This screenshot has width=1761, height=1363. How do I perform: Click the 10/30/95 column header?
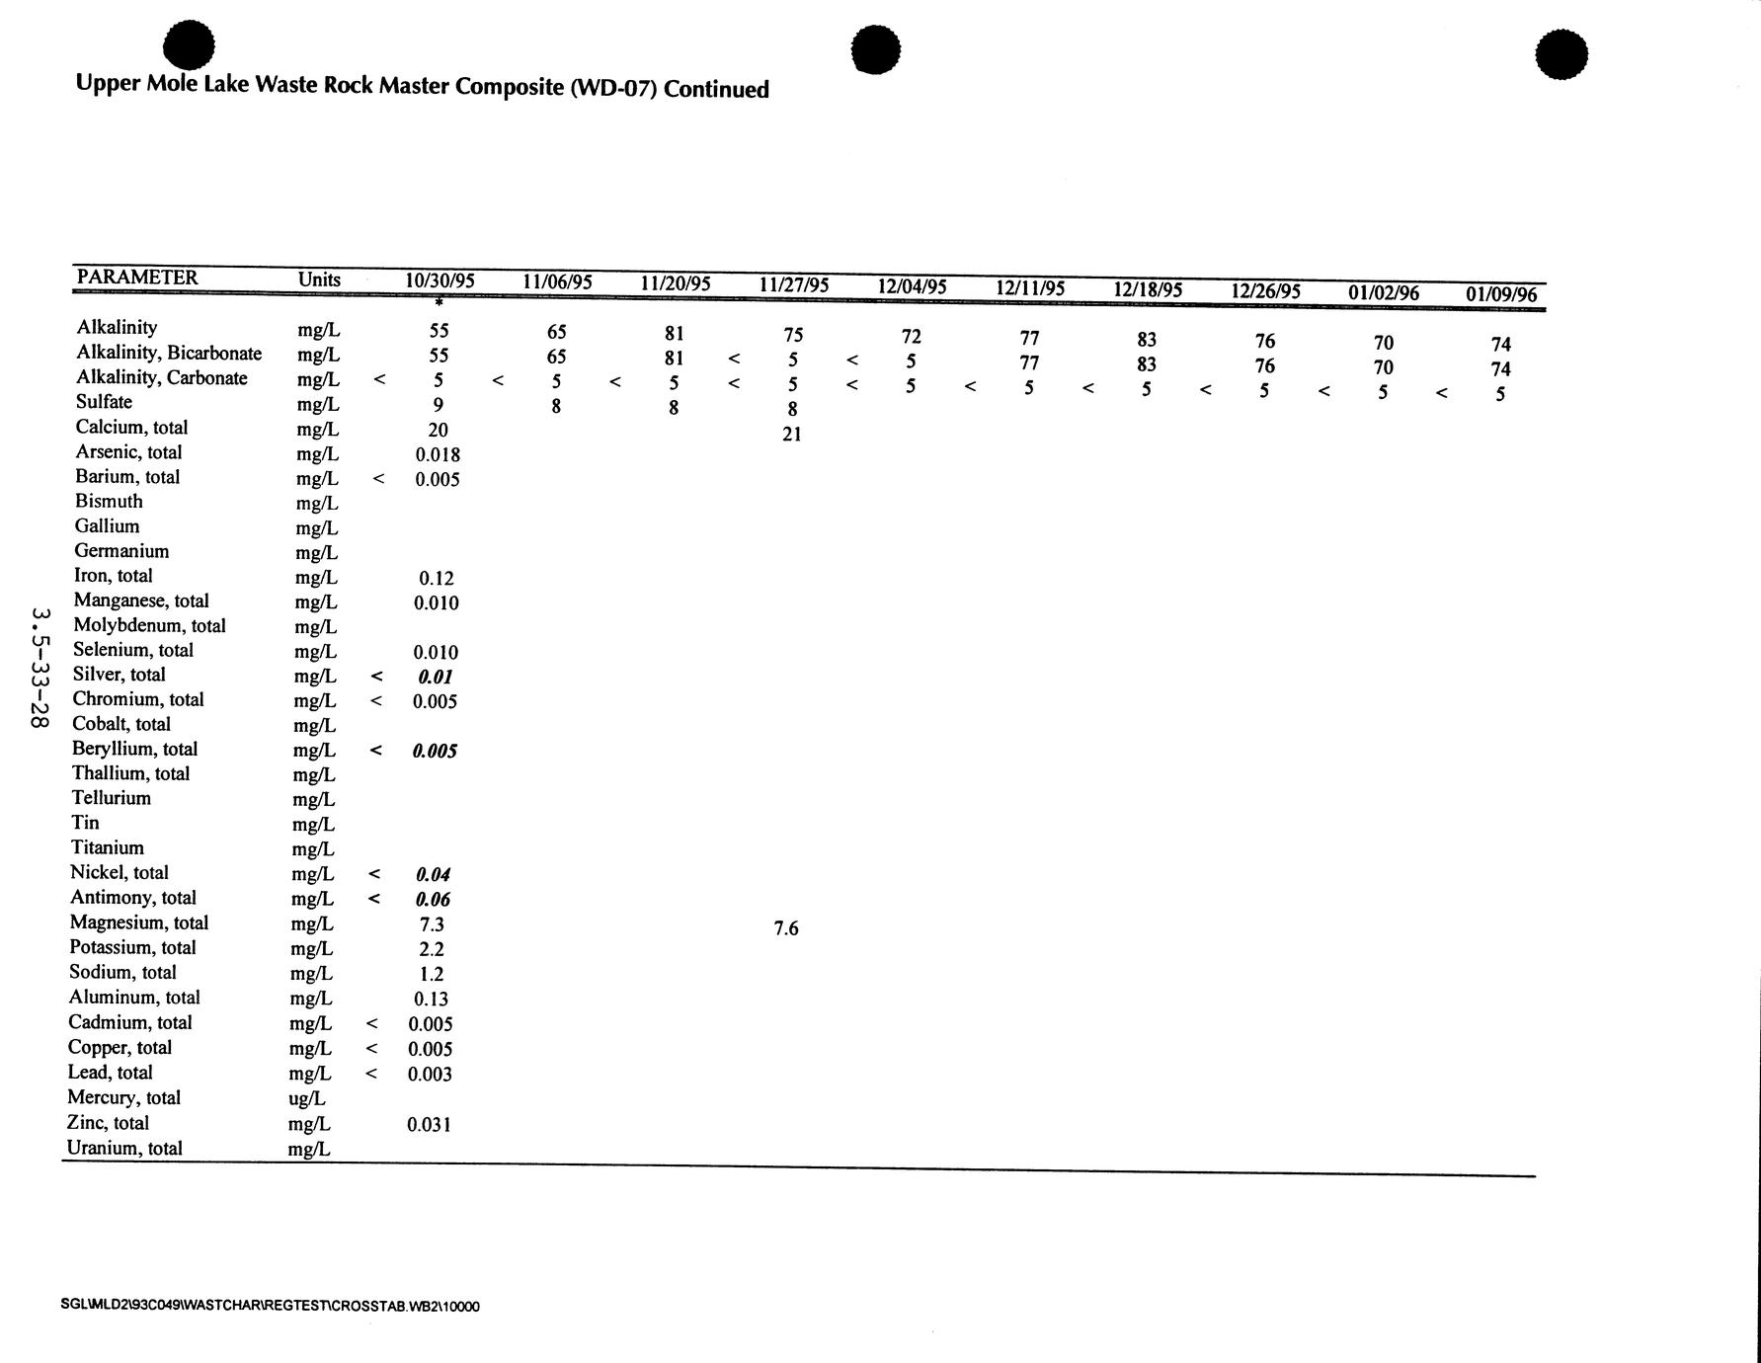coord(440,281)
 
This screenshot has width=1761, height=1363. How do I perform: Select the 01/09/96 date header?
coord(1501,294)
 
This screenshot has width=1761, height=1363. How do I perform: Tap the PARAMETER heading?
coord(137,278)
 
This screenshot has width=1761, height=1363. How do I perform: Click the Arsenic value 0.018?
coord(438,454)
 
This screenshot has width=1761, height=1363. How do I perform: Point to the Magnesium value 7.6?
coord(786,928)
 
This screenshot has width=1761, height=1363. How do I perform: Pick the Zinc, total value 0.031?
coord(429,1124)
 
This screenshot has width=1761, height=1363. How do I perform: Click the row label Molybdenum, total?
coord(149,625)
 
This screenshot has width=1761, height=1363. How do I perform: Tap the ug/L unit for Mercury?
coord(306,1098)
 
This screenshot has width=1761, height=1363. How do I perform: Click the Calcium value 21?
coord(791,434)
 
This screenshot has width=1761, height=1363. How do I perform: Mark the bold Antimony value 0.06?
coord(434,900)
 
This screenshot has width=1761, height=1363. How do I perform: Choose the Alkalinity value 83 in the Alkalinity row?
coord(1147,340)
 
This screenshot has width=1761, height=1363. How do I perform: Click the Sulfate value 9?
coord(438,404)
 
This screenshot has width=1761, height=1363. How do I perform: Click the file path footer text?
coord(270,1306)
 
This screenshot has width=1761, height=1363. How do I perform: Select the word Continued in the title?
coord(716,89)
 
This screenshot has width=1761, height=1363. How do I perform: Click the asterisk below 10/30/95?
coord(439,302)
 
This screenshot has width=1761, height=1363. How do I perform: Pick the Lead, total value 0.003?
coord(430,1074)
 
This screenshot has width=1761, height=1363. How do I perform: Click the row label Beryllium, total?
coord(134,749)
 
